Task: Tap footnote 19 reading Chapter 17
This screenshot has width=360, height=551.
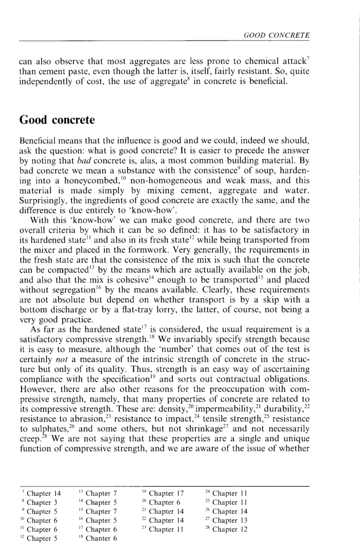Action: click(165, 493)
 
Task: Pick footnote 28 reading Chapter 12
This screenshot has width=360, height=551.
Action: click(227, 529)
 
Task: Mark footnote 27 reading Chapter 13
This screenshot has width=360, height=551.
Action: click(227, 520)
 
